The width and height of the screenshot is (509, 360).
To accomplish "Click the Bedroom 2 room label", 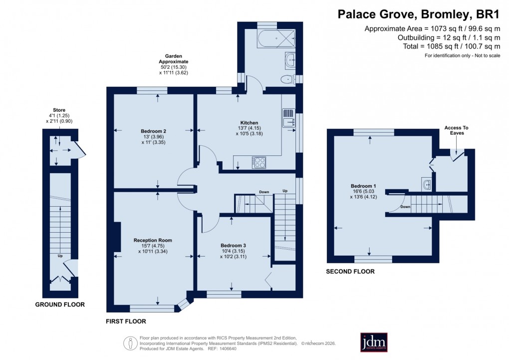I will click(153, 131).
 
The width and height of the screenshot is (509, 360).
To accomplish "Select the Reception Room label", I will click(153, 241).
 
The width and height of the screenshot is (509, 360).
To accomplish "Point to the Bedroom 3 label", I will click(234, 246).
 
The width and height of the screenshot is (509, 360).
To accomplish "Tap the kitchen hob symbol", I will click(259, 162).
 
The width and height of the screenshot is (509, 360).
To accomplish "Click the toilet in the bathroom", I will click(288, 78).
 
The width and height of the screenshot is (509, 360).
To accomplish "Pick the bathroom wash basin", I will click(290, 60).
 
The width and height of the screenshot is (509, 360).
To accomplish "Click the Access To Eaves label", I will click(457, 130).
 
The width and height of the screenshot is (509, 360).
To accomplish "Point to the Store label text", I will click(59, 110).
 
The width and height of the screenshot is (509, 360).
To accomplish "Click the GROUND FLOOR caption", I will click(59, 305).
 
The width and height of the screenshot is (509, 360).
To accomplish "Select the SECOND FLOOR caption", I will click(350, 272).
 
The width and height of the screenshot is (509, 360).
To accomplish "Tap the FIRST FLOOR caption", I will click(126, 322).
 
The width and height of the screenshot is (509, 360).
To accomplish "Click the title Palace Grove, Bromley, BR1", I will click(419, 13).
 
